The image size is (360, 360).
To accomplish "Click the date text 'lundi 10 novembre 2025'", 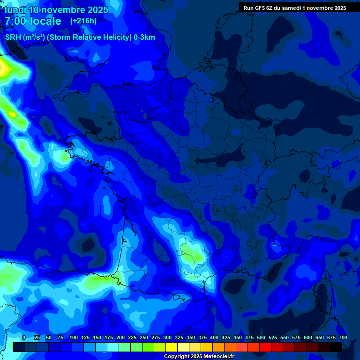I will pos(56,10).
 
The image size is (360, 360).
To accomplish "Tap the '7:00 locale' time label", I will pos(33,21).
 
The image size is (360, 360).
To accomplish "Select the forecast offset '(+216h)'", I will pos(83,21).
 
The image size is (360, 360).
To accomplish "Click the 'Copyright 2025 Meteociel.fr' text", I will pos(199,356).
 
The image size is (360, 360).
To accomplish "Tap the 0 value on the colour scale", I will pos(24,338).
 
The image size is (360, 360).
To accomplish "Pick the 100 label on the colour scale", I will pos(74,338).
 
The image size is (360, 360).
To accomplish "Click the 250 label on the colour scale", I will pos(144,338).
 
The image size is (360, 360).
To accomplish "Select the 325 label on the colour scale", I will pos(179,338).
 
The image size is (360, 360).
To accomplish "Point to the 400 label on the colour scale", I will pos(214,338).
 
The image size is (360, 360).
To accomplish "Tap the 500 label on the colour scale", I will pos(261,338).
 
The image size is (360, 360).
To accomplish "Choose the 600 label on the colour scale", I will pos(308,338).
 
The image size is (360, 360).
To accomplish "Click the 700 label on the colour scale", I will pos(343,338).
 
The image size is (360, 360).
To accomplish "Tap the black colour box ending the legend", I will pos(336,347).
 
